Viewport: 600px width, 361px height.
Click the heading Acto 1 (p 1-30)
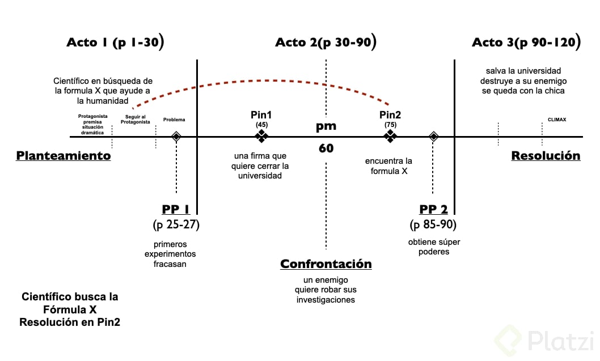pyautogui.click(x=116, y=43)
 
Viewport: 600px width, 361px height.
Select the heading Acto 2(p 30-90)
pyautogui.click(x=326, y=43)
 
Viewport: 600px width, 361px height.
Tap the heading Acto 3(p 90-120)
pyautogui.click(x=526, y=43)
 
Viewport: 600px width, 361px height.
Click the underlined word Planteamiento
pyautogui.click(x=63, y=156)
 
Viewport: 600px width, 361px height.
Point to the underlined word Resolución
pyautogui.click(x=546, y=156)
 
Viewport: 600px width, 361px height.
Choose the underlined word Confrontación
pyautogui.click(x=326, y=264)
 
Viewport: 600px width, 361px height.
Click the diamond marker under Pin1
pyautogui.click(x=261, y=136)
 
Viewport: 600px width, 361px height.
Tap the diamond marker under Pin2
pyautogui.click(x=390, y=136)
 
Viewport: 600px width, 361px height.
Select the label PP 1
pyautogui.click(x=176, y=210)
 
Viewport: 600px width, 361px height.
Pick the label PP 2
pyautogui.click(x=433, y=210)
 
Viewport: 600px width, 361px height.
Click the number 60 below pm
pyautogui.click(x=326, y=148)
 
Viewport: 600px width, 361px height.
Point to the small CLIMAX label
pyautogui.click(x=557, y=120)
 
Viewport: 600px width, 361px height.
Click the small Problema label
pyautogui.click(x=174, y=120)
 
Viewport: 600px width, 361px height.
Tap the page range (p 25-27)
pyautogui.click(x=176, y=225)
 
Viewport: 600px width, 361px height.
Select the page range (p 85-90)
pyautogui.click(x=433, y=225)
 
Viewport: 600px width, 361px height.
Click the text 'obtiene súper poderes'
pyautogui.click(x=434, y=247)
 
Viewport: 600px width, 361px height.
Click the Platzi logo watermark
pyautogui.click(x=544, y=341)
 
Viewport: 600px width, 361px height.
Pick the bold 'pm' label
pyautogui.click(x=326, y=126)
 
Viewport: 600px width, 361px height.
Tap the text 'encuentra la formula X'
pyautogui.click(x=389, y=165)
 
